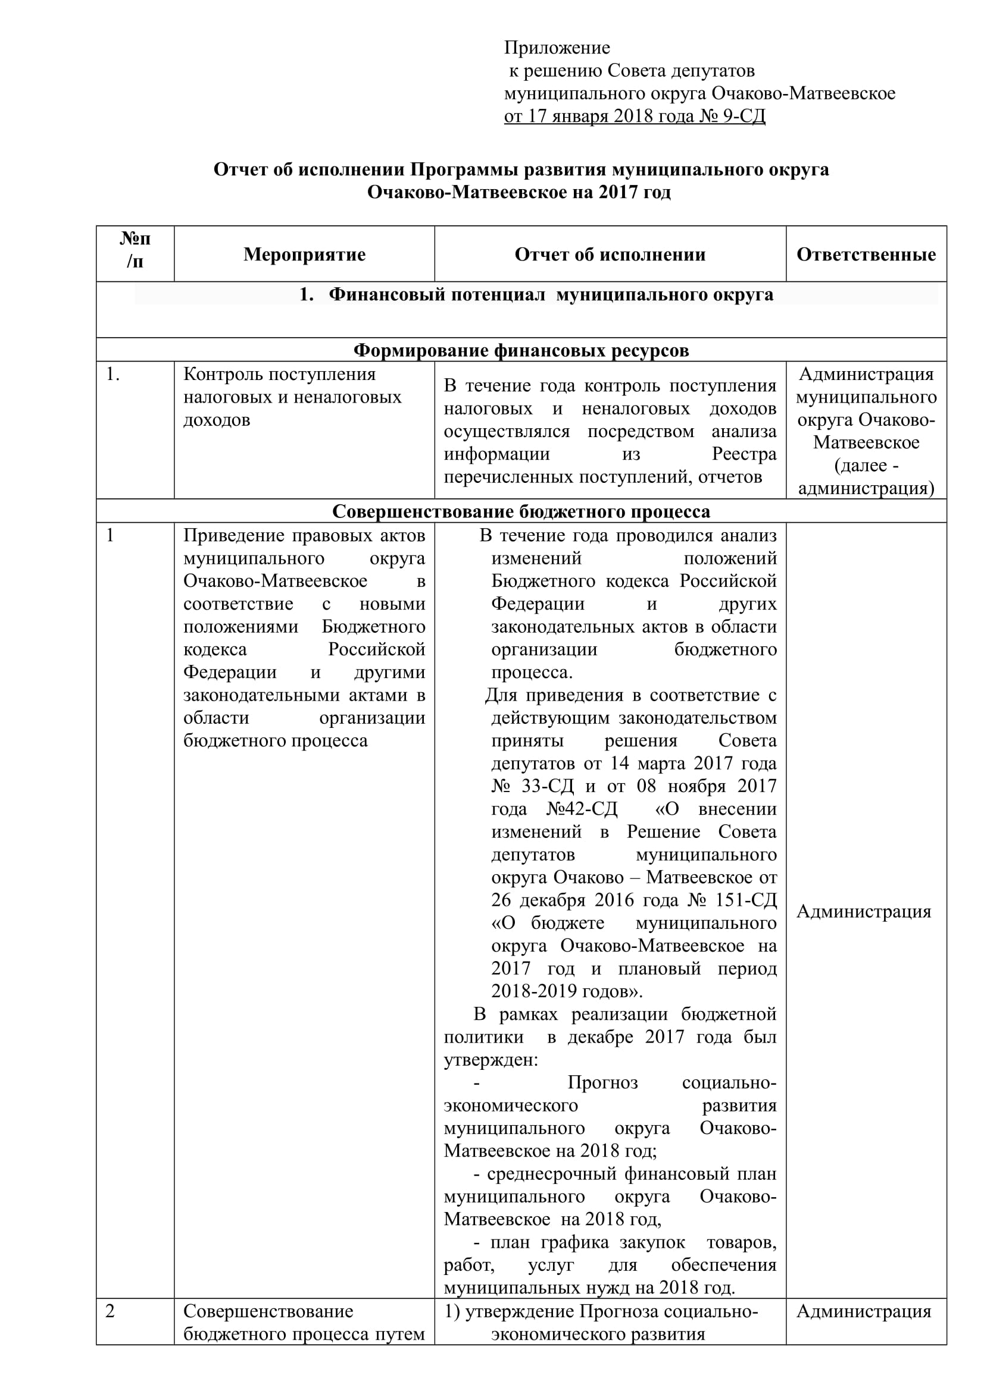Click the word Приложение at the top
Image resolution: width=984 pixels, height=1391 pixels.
[x=557, y=47]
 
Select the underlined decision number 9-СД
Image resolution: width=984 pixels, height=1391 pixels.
[x=744, y=116]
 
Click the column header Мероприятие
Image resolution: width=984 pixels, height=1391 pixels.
[x=304, y=255]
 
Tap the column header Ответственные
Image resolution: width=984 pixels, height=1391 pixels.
[x=866, y=255]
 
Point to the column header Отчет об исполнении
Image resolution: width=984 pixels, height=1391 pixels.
[x=610, y=255]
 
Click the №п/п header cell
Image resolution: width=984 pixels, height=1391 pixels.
[x=135, y=250]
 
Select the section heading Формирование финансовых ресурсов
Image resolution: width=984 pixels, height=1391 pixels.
[x=521, y=350]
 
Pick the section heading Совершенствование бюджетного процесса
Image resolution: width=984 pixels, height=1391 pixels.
[x=521, y=511]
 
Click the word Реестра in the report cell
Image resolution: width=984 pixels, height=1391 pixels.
[x=744, y=454]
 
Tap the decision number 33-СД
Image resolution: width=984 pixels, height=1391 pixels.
[x=548, y=786]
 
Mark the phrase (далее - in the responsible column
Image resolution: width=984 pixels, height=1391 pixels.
[x=866, y=465]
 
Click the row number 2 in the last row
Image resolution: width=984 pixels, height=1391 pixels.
[x=110, y=1311]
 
